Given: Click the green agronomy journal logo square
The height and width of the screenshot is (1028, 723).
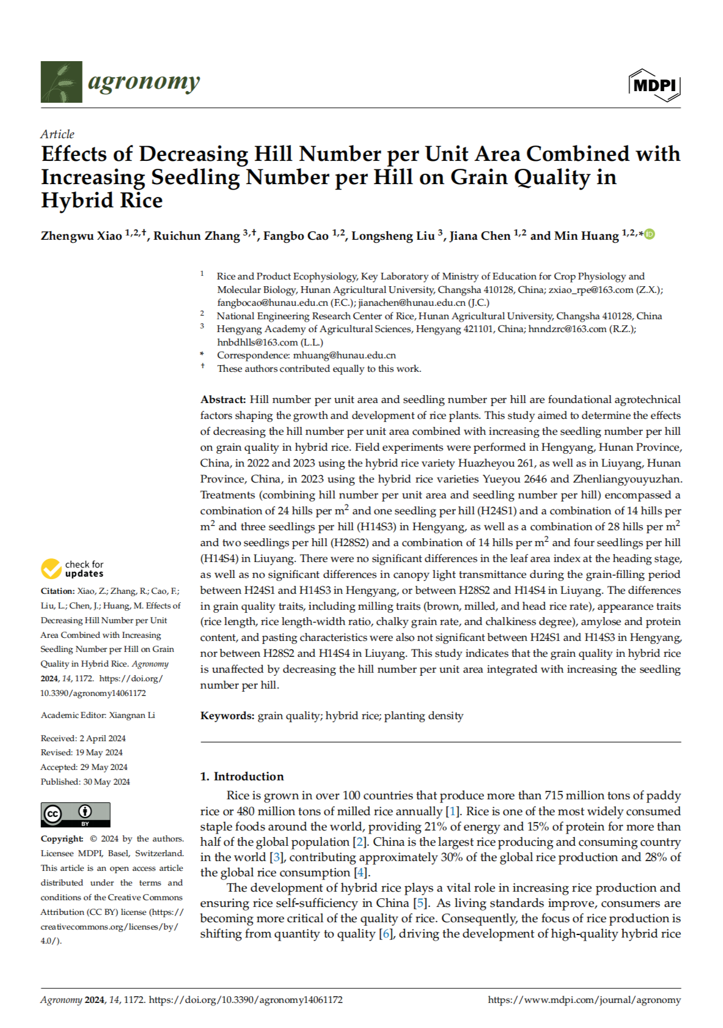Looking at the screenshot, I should point(61,81).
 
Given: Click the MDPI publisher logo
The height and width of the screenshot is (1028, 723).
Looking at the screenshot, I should point(654,85).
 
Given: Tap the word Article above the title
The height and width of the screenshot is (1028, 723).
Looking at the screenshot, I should point(57,134).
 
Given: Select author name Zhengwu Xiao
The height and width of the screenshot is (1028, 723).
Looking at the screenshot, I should point(81,236).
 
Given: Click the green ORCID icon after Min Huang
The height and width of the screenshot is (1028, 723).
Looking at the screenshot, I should point(650,234).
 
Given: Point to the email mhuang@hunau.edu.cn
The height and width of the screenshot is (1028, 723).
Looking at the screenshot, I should point(344,355).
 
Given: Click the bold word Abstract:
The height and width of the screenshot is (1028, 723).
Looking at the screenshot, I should point(223,399).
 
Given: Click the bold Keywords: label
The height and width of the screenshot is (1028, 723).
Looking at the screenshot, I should point(227,716).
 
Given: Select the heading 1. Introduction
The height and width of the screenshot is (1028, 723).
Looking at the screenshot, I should point(242,776).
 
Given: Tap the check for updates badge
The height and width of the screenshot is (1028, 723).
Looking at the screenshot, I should point(73,569).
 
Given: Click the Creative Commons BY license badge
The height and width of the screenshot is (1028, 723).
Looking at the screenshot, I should point(75,815).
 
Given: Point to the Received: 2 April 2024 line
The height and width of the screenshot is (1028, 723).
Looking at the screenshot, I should point(83,738).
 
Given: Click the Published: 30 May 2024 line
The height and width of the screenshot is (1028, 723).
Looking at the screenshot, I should point(86,782).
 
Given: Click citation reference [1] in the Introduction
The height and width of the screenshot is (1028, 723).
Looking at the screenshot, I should point(452,811).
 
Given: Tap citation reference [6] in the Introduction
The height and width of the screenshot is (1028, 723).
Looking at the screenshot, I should point(385,933).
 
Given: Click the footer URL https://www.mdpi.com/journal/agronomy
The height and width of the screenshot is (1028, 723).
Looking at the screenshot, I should point(584,1000).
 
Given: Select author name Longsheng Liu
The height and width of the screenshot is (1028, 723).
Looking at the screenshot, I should point(393,236).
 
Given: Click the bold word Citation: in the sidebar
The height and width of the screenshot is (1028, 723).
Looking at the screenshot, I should point(57,591).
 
